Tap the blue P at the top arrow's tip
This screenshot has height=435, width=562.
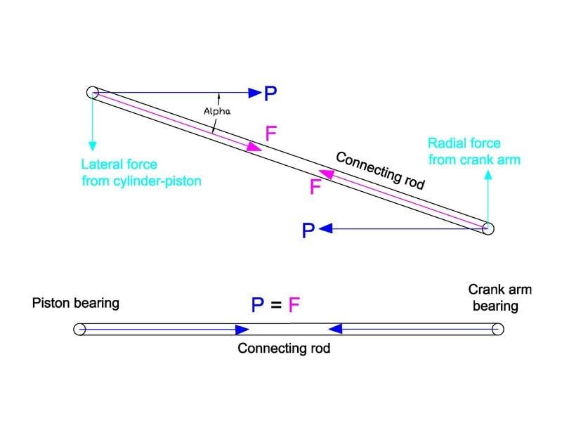(270, 92)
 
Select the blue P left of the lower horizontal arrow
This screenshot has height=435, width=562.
(307, 231)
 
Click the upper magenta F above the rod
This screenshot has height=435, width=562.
(273, 134)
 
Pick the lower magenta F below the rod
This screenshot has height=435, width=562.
(315, 188)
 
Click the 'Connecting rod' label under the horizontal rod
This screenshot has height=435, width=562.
(283, 348)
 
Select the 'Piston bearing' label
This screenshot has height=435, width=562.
(76, 304)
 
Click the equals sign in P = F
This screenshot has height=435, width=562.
(277, 305)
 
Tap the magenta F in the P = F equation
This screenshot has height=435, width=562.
(295, 305)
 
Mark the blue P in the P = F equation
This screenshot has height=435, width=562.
(259, 305)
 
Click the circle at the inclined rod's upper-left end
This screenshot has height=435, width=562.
(92, 92)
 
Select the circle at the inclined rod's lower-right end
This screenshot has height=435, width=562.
(488, 228)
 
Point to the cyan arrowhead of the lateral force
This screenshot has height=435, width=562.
(92, 145)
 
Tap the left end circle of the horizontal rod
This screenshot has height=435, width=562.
(79, 328)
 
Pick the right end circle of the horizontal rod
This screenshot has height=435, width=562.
(498, 328)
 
